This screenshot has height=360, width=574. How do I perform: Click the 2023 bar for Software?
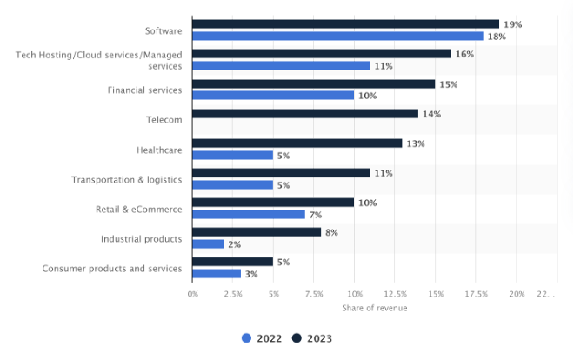(x=346, y=24)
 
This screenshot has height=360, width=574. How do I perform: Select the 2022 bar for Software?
(x=337, y=37)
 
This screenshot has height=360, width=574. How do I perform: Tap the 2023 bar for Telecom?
(x=305, y=114)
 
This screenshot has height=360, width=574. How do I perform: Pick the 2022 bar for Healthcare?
(x=233, y=156)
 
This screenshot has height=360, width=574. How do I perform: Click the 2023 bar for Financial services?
(x=313, y=84)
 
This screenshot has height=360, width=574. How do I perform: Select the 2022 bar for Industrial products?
(x=209, y=244)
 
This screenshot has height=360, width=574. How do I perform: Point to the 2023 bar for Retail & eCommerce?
(x=273, y=203)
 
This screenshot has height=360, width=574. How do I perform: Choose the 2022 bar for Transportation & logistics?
(x=233, y=185)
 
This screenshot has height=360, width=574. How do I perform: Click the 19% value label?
(x=512, y=24)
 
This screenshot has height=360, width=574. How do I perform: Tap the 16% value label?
(x=464, y=54)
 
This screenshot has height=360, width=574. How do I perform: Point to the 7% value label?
(x=316, y=215)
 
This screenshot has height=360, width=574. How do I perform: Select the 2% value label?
(x=235, y=244)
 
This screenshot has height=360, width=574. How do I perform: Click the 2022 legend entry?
(x=262, y=338)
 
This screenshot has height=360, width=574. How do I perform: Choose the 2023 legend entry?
(x=312, y=338)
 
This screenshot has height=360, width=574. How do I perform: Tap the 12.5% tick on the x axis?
(x=395, y=294)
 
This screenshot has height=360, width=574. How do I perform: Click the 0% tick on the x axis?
(x=193, y=294)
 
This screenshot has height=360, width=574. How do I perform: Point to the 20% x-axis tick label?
(x=517, y=294)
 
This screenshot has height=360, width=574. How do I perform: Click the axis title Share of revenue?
(x=374, y=308)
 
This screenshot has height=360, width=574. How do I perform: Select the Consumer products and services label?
(x=112, y=269)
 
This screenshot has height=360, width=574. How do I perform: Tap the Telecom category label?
(x=164, y=120)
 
